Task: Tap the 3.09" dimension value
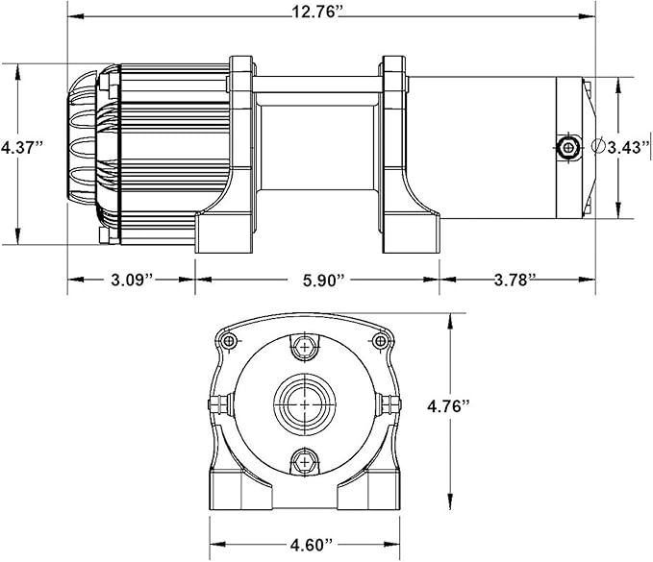coord(131,281)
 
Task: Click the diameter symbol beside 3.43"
coord(599,146)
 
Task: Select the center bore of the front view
coord(305,404)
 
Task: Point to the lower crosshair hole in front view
coord(305,461)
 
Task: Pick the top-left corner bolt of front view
coord(228,341)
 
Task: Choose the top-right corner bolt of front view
coord(381,341)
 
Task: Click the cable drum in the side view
coord(317,144)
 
